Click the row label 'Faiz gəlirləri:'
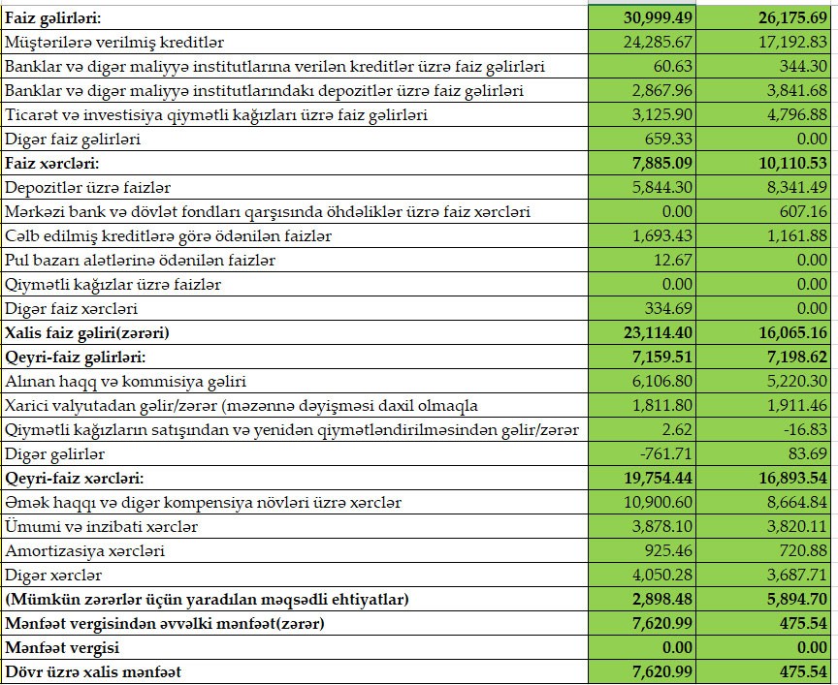click(x=56, y=18)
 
